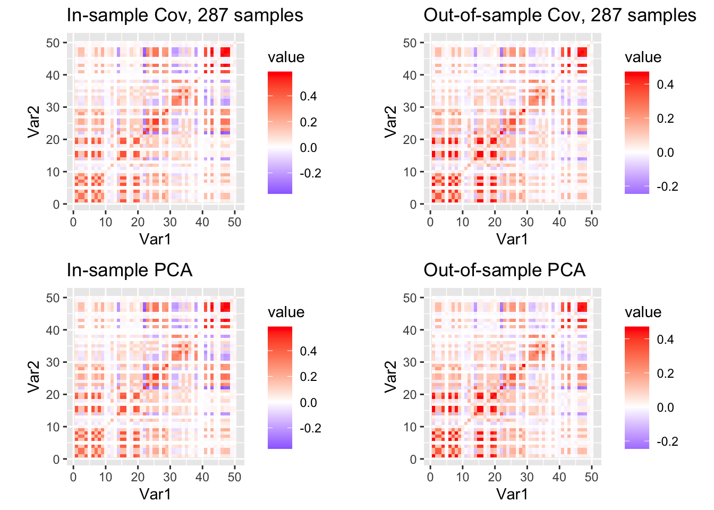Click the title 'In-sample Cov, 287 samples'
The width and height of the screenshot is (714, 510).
coord(185,15)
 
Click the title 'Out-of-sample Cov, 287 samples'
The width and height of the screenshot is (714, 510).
coord(560,15)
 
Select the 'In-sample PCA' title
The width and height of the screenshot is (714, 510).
coord(129,270)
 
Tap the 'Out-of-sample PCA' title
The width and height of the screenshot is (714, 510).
coord(504,270)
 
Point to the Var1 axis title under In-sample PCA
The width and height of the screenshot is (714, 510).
coord(155,494)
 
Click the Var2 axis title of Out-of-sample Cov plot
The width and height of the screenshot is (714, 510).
coord(392,122)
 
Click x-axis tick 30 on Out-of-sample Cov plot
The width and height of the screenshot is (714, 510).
coord(527,222)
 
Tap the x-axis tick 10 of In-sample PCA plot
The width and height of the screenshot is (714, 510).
coord(105,477)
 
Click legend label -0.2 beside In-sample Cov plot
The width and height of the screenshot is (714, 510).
coord(310,174)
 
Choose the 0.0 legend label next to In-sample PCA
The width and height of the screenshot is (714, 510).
coord(308,402)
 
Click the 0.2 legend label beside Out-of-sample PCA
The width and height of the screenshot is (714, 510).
coord(665,373)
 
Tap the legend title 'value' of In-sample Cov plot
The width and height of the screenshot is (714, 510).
coord(286,57)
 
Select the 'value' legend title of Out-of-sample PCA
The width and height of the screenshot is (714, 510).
coord(643,312)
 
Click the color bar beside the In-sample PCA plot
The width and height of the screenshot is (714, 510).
coord(280,387)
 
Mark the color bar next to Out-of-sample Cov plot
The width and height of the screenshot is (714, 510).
coord(637,132)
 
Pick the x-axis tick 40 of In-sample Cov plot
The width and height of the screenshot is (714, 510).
coord(202,222)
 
